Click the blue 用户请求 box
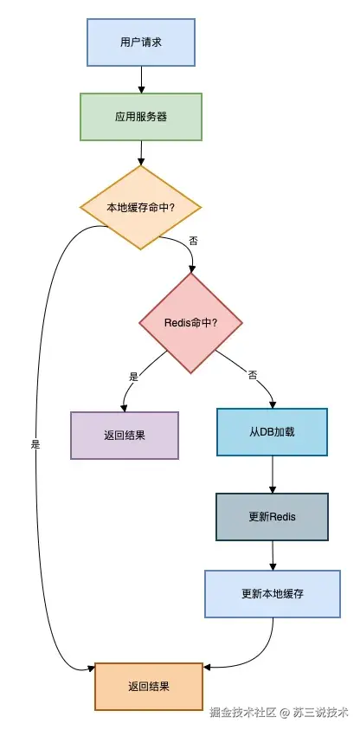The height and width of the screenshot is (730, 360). tap(140, 42)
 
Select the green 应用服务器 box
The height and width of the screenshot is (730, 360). tap(140, 116)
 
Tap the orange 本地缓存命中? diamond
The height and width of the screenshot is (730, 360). tap(140, 208)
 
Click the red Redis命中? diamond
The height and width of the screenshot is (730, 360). tap(190, 323)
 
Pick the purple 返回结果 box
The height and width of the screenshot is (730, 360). tap(124, 435)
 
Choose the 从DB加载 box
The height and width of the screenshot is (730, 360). tap(273, 431)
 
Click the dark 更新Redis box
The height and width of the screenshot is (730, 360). tap(273, 517)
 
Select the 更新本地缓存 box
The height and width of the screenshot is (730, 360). tap(273, 594)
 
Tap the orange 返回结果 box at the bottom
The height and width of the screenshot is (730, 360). tap(148, 687)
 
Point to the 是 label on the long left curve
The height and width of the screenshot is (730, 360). tap(35, 443)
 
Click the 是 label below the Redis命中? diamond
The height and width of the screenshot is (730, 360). tap(133, 377)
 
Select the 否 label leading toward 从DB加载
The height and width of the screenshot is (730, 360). tap(253, 376)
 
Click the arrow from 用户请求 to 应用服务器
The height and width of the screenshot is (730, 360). tap(140, 81)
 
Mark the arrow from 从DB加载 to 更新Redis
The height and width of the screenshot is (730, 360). tap(273, 475)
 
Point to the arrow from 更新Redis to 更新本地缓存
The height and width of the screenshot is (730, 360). tap(273, 555)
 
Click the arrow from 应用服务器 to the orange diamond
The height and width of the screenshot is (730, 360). tap(140, 152)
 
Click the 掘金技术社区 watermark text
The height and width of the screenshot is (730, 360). tap(242, 713)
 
